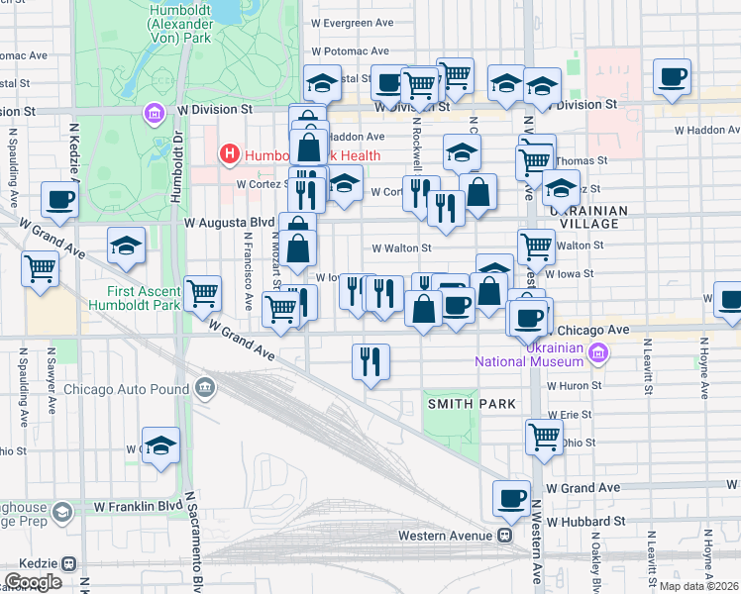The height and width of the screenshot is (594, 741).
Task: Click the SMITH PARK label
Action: point(472,404)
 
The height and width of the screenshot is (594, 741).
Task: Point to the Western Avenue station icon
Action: point(505,536)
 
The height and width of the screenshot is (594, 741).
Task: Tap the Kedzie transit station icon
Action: point(68,562)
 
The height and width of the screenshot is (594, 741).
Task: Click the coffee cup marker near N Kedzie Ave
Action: point(59,199)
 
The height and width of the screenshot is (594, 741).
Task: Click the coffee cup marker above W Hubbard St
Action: point(511,498)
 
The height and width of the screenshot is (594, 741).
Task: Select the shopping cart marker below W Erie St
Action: point(544,436)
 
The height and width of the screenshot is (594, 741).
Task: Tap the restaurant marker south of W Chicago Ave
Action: point(371,361)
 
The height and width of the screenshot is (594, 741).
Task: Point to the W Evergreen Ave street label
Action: point(352,23)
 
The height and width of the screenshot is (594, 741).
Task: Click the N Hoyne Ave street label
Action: point(706,366)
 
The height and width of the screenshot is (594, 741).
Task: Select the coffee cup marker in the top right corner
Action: point(672,76)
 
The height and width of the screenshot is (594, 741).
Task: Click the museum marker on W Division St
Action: point(154,115)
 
